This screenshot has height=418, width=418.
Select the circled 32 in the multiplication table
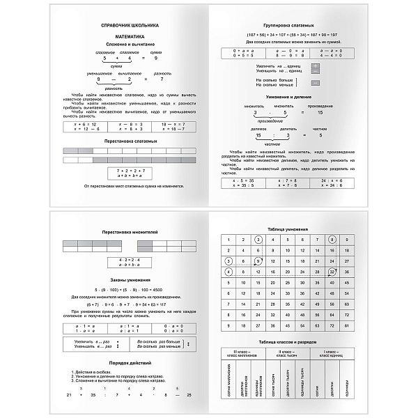click(332, 272)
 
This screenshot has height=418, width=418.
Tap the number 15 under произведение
click(320, 111)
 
